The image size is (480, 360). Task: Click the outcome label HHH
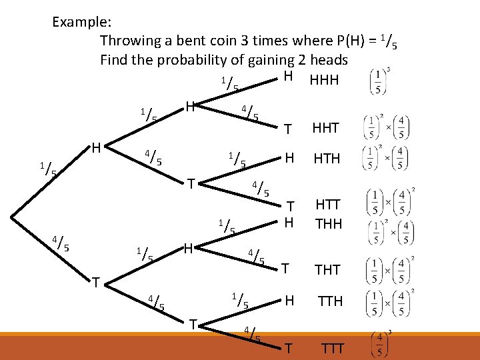pos(324,80)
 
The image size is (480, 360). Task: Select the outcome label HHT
pos(325,128)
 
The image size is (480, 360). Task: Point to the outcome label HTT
pos(327,207)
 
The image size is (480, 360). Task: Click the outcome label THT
pos(327,269)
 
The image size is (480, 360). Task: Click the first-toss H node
pos(96,145)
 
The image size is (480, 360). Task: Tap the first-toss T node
pos(96,283)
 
